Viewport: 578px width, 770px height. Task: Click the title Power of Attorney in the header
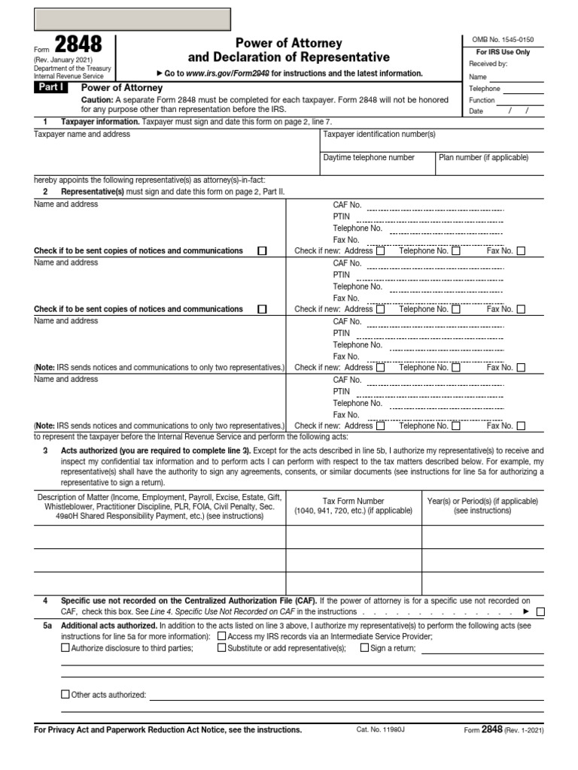(x=289, y=44)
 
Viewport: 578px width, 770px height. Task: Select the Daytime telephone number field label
(x=369, y=158)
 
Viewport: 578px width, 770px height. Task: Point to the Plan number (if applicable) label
(x=484, y=158)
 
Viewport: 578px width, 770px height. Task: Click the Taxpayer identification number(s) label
(x=379, y=135)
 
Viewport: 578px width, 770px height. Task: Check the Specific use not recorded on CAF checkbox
(x=540, y=612)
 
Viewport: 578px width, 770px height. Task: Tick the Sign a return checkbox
(x=365, y=647)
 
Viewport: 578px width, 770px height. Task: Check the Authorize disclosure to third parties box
(x=65, y=647)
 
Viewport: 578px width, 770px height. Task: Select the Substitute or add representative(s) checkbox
(x=222, y=647)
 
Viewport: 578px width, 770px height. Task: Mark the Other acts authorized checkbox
(x=65, y=694)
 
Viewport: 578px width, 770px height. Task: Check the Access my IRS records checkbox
(x=222, y=635)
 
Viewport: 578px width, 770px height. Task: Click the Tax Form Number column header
(x=353, y=501)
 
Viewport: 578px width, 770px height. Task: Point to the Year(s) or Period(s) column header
(x=482, y=501)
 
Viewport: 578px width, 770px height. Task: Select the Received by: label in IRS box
(x=488, y=64)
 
